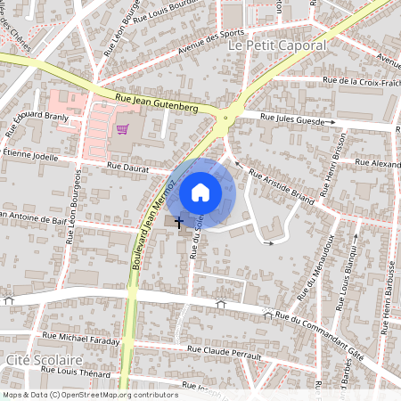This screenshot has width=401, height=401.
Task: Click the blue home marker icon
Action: pos(200,192)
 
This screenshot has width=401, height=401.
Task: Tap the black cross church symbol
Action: pos(179,221)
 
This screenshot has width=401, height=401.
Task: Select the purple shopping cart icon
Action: pos(122,130)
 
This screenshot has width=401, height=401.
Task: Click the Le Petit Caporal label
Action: pos(277,45)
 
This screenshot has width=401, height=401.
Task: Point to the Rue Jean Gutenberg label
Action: pos(156,105)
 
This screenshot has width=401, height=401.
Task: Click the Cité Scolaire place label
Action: pos(37,359)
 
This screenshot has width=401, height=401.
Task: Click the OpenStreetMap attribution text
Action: pos(89,395)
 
